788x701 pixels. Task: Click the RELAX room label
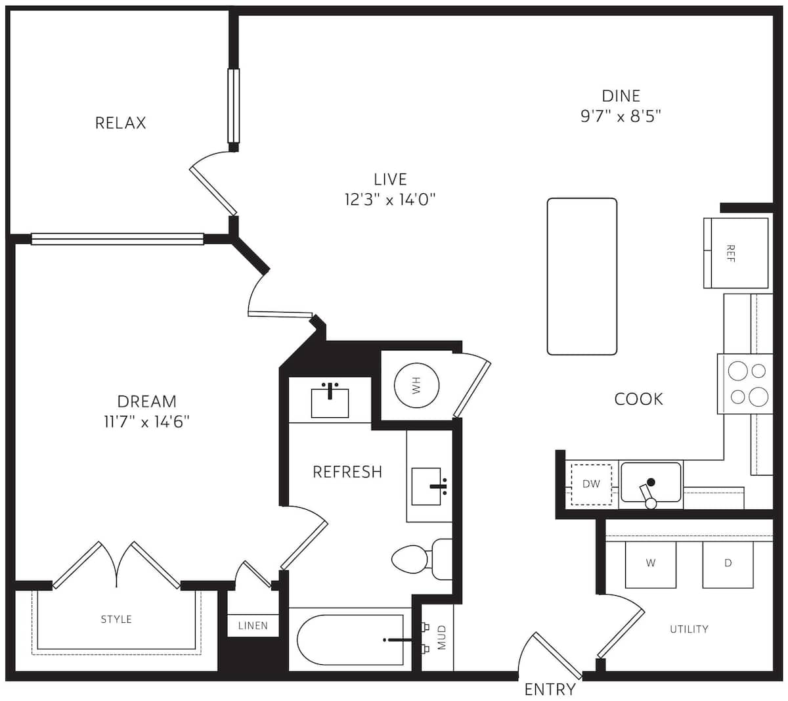point(121,123)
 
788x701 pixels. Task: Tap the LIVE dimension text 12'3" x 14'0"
point(389,200)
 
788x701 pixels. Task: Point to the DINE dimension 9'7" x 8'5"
point(621,116)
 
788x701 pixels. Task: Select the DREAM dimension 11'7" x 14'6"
point(146,422)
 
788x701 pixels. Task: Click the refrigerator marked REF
point(735,253)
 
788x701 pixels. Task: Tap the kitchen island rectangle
point(582,277)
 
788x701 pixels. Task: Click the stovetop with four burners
point(745,384)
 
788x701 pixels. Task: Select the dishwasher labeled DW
point(591,484)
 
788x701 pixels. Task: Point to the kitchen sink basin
point(651,482)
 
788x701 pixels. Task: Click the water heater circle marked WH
point(416,386)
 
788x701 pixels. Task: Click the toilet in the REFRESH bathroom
point(422,559)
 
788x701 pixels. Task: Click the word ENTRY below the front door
point(550,690)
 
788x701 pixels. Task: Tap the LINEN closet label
point(253,626)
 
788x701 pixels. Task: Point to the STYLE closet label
point(116,620)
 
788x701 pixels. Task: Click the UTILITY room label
point(689,629)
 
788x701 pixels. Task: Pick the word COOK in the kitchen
point(639,399)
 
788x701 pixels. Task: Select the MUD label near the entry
point(442,637)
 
